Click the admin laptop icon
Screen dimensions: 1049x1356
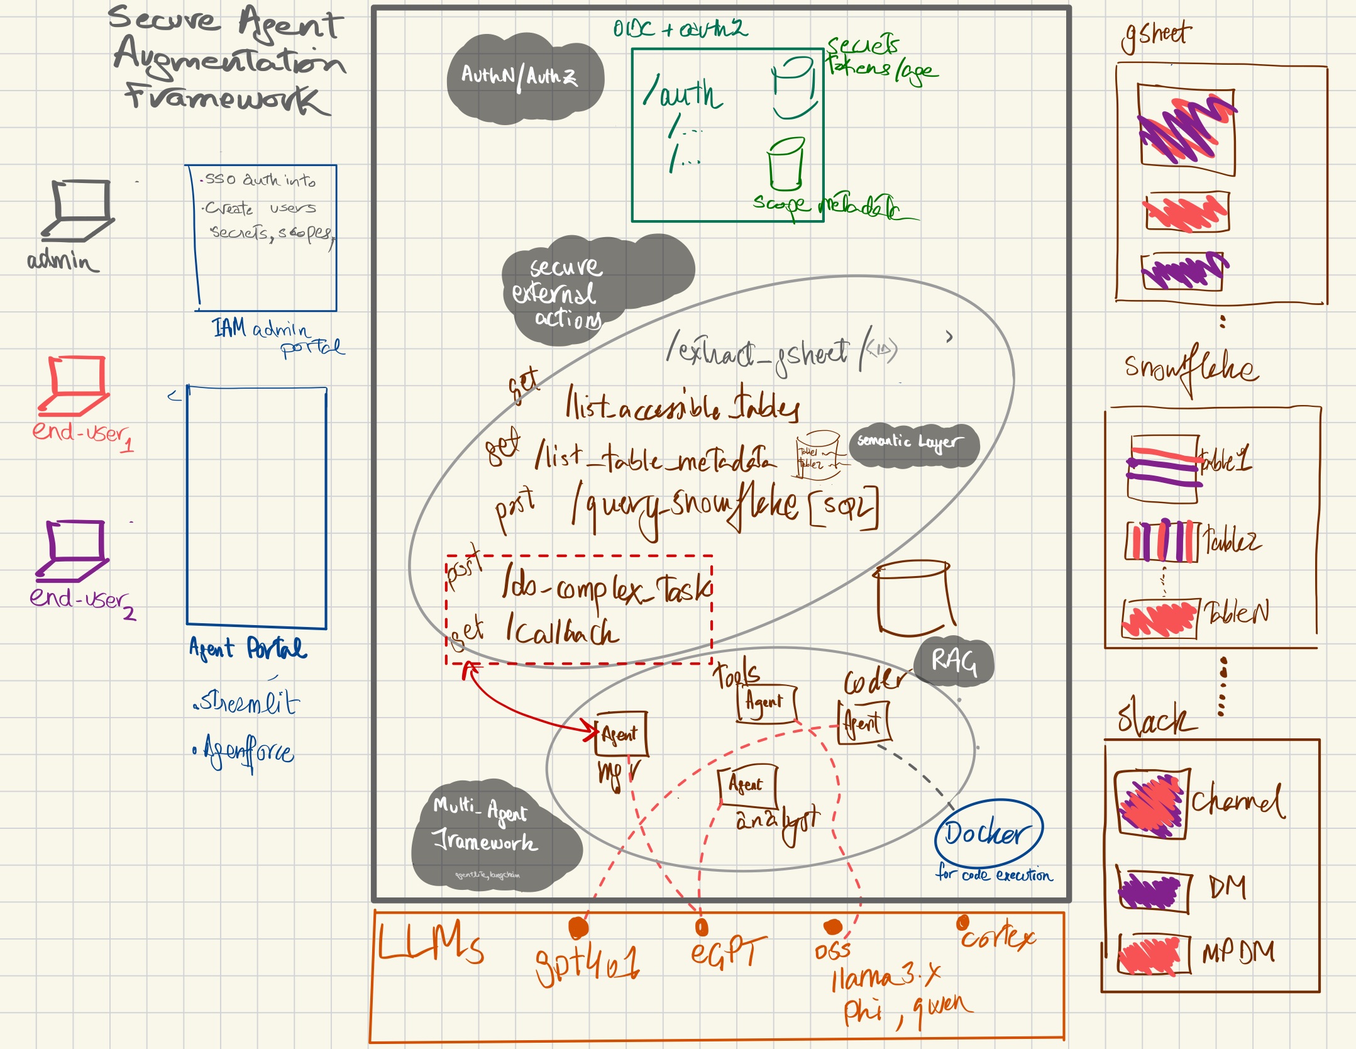[79, 211]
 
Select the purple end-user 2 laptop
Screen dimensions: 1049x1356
[72, 550]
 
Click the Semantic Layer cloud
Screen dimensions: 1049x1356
[912, 443]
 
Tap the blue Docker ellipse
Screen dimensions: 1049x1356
[989, 833]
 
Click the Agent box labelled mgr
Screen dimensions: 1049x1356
[621, 734]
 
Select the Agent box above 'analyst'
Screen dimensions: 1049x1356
[747, 785]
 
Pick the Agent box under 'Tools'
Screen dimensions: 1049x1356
[765, 702]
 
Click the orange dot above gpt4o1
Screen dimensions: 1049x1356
[578, 928]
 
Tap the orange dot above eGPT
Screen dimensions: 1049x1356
[702, 927]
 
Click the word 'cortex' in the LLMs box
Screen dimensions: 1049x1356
[998, 938]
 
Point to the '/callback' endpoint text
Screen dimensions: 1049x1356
[563, 631]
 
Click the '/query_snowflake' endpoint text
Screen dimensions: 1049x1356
[685, 508]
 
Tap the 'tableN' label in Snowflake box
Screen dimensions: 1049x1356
[1236, 612]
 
